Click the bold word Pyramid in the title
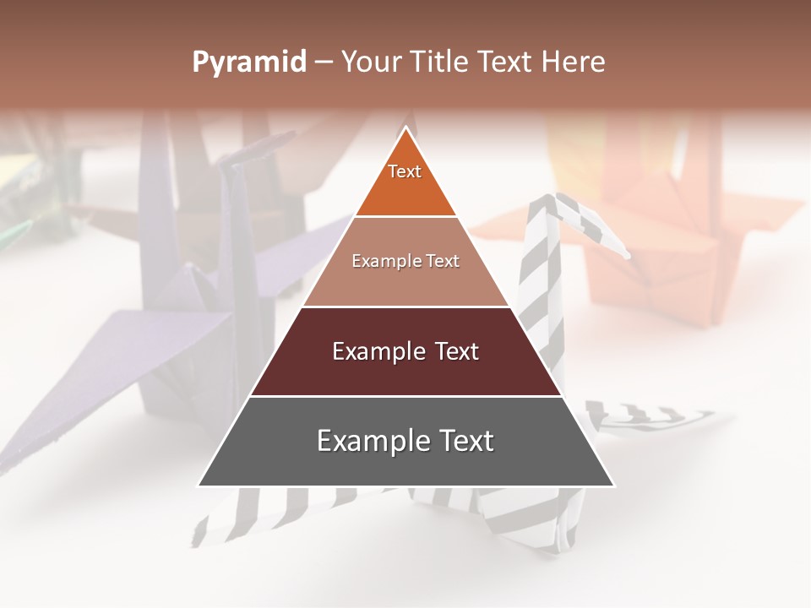pyautogui.click(x=249, y=62)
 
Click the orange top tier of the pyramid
pyautogui.click(x=405, y=182)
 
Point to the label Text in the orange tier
pyautogui.click(x=405, y=171)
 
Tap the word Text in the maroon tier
pyautogui.click(x=454, y=351)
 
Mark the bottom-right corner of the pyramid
pyautogui.click(x=613, y=486)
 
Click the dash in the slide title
pyautogui.click(x=324, y=62)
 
